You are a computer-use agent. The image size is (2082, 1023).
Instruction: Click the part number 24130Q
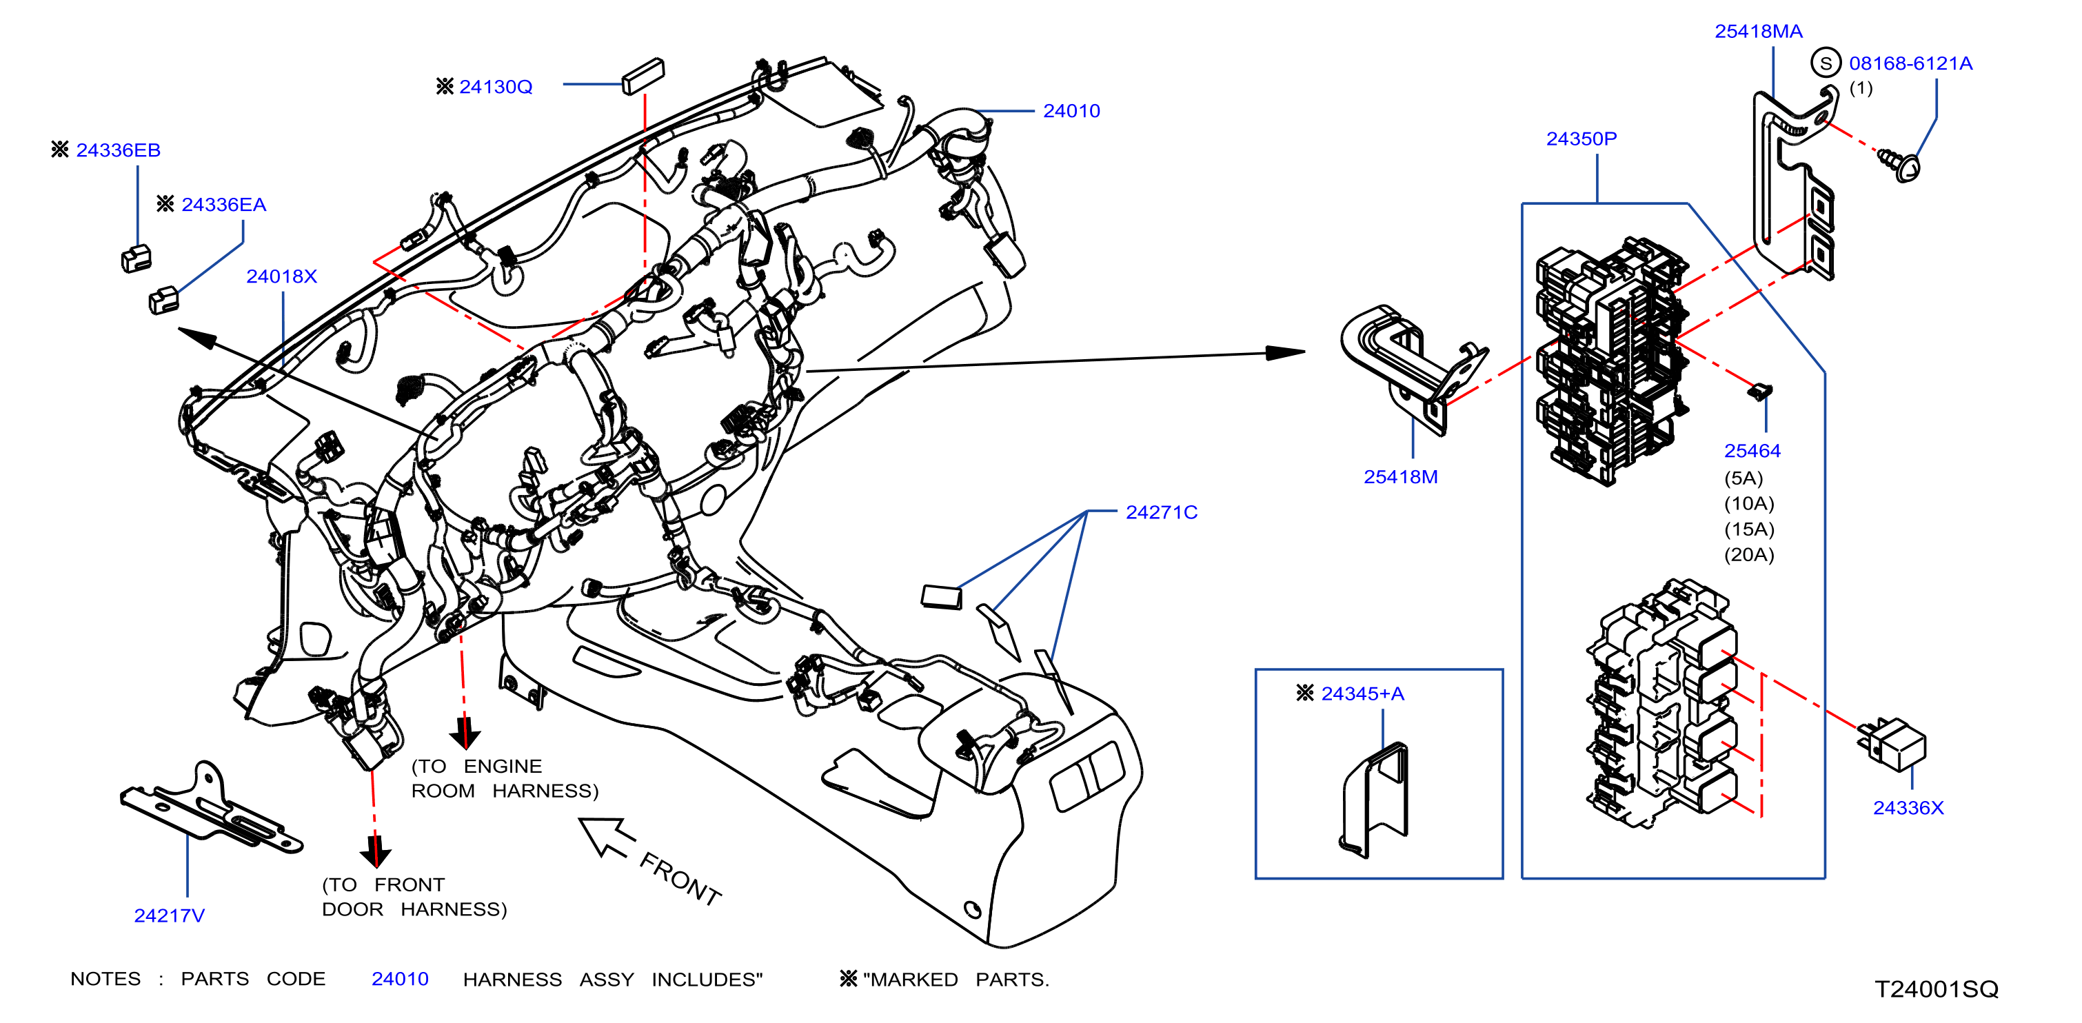coord(496,86)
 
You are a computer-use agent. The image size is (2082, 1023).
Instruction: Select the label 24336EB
coord(118,150)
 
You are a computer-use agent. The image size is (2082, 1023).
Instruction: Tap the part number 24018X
coord(281,276)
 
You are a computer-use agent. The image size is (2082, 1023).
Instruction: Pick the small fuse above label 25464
coord(1759,392)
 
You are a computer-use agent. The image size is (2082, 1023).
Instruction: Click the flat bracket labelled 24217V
coord(210,808)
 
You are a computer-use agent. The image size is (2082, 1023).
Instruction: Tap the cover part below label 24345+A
coord(1374,800)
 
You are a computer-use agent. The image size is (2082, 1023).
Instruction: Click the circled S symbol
coord(1826,63)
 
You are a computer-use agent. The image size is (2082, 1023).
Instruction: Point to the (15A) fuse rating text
coord(1749,529)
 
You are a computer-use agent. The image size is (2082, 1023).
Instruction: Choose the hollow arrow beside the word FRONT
coord(606,836)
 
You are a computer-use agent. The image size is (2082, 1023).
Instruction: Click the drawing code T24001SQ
coord(1937,989)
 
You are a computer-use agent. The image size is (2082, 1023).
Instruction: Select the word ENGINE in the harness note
coord(503,766)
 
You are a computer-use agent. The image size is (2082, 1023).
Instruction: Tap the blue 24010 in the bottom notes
coord(400,980)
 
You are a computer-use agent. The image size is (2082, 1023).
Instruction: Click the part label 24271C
coord(1162,512)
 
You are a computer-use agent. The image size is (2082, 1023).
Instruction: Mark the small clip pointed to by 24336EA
coord(164,300)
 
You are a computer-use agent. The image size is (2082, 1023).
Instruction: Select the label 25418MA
coord(1759,32)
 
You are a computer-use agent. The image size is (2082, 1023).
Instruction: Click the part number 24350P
coord(1581,139)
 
